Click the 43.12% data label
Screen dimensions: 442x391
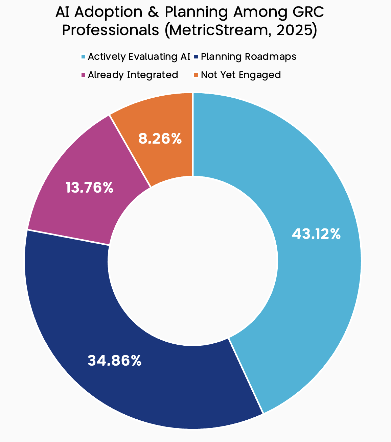[316, 234]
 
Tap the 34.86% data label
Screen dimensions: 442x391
[114, 361]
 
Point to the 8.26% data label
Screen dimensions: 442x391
[160, 139]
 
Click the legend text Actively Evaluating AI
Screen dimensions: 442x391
[139, 56]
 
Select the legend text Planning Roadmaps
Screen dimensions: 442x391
[248, 56]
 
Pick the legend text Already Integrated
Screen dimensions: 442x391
[133, 75]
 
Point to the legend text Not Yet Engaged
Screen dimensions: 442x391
[241, 75]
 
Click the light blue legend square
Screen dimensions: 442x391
[83, 56]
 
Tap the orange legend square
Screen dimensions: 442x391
[196, 75]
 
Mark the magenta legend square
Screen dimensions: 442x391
[83, 75]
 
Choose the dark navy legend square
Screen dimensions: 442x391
[196, 56]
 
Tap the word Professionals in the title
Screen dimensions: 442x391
[111, 30]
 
